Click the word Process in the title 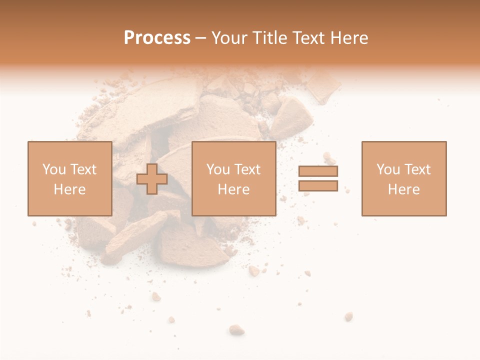157,38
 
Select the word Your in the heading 229,38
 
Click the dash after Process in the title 201,38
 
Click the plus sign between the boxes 152,179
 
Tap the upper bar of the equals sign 318,171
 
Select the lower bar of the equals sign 318,186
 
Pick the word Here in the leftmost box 69,189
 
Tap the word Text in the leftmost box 82,169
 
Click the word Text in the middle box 247,169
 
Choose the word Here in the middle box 233,189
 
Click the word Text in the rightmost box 417,169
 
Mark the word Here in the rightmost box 403,189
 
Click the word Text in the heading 305,38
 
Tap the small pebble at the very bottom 236,329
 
